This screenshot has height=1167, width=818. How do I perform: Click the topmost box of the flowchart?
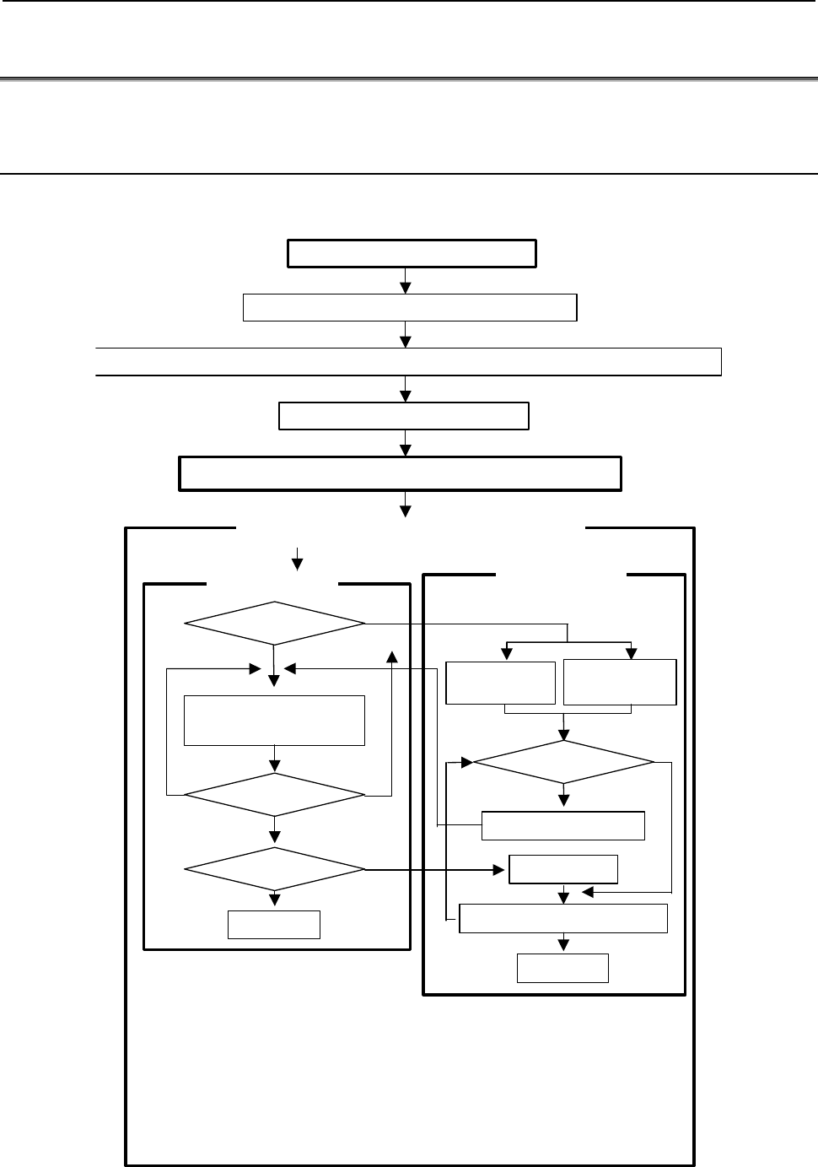tap(412, 253)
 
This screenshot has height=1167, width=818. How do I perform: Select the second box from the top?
tap(409, 307)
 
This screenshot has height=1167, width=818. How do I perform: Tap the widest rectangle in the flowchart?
tap(408, 360)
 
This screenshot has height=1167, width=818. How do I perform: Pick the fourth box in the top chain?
tap(403, 416)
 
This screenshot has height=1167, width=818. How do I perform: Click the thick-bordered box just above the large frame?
tap(400, 473)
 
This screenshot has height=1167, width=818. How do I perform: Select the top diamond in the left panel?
tap(274, 624)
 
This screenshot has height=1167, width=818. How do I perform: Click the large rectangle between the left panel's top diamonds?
tap(274, 720)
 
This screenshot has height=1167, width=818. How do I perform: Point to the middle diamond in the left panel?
tap(274, 795)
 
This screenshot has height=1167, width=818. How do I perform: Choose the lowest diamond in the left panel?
tap(274, 868)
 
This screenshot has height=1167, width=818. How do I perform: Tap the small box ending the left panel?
tap(273, 925)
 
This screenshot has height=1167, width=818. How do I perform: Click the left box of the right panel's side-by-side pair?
tap(500, 683)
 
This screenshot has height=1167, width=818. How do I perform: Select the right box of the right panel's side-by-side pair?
tap(619, 682)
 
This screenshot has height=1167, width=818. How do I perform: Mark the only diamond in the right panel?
tap(563, 763)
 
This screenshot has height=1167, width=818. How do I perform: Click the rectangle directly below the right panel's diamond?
tap(562, 825)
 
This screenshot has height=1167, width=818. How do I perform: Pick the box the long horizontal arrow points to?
tap(562, 868)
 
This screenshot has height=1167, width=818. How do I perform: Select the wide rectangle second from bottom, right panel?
tap(562, 918)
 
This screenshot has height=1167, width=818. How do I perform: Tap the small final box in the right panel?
tap(562, 968)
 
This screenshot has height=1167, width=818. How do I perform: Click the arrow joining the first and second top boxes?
tap(406, 280)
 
